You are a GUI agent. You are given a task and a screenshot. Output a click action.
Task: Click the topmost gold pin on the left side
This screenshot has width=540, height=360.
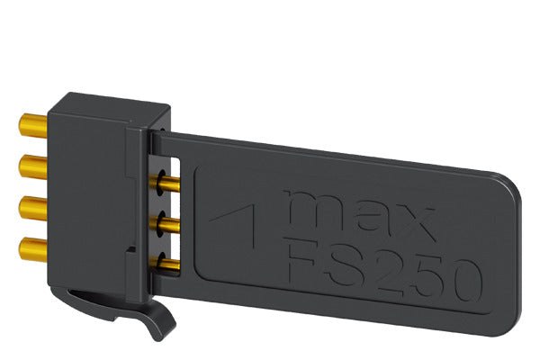[x=33, y=126]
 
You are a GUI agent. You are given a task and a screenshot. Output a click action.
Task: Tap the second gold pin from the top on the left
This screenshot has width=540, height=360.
[x=33, y=167]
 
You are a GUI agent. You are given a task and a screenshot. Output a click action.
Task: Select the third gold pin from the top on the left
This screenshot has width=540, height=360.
[x=33, y=208]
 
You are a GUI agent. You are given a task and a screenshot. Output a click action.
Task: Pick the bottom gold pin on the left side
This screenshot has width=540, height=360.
[x=33, y=249]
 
